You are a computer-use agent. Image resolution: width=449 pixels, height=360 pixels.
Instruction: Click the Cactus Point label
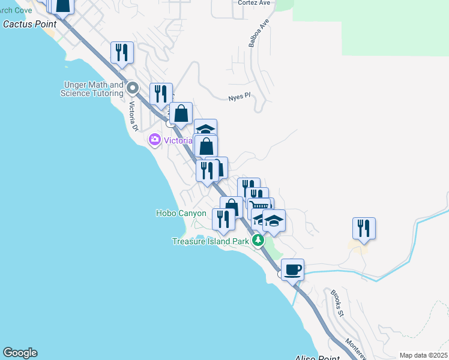(29, 24)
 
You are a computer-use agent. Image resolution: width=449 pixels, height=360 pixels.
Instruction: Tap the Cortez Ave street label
(254, 3)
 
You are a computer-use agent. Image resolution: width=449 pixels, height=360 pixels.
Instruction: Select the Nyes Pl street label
(238, 97)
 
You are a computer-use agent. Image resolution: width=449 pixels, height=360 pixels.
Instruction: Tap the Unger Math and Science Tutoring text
(92, 89)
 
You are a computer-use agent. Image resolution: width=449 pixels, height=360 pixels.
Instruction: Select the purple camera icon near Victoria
(155, 140)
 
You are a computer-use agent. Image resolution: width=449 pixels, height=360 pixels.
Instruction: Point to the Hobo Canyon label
(181, 213)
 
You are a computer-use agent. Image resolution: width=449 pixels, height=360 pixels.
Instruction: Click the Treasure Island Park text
(211, 241)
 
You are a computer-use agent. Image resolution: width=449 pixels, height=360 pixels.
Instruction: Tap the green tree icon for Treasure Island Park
(258, 240)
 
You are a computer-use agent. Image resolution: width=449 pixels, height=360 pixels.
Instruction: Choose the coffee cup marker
(292, 269)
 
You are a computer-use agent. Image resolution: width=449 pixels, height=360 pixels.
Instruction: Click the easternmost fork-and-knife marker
(364, 228)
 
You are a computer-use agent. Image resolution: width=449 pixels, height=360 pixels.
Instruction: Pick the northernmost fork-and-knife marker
(122, 52)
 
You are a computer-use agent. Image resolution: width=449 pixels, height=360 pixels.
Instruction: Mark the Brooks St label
(336, 303)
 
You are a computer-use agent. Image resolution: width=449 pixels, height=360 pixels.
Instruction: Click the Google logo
(20, 353)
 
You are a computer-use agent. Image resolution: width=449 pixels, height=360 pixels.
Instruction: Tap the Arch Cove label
(16, 10)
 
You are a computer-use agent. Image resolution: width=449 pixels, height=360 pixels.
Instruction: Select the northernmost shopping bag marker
(181, 113)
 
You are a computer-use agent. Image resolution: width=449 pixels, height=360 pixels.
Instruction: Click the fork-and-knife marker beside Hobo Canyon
(223, 220)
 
